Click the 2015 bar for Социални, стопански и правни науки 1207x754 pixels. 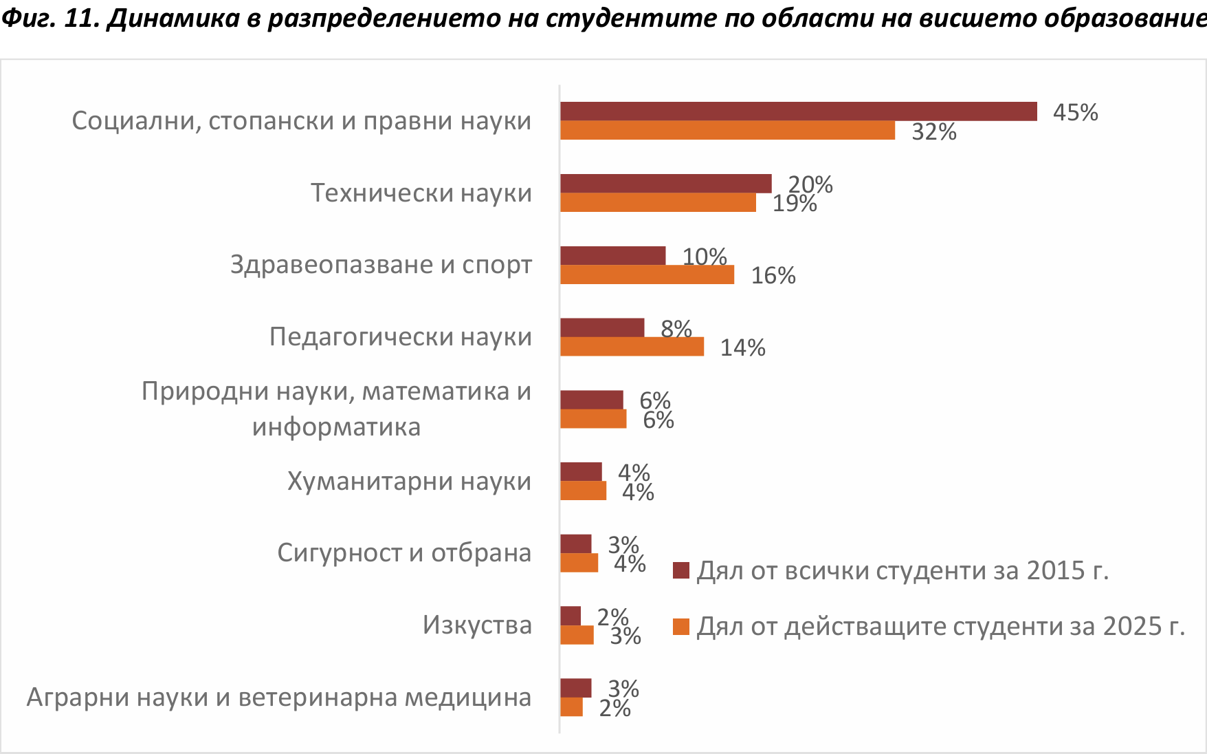click(x=798, y=111)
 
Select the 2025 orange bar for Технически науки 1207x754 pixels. click(x=658, y=202)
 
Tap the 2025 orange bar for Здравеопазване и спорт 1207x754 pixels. click(x=647, y=274)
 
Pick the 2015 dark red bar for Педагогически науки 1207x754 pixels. click(x=602, y=327)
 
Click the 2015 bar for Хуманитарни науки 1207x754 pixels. click(x=581, y=472)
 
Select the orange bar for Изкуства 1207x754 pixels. click(x=577, y=635)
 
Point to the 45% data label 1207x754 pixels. click(x=1075, y=112)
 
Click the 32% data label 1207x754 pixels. click(x=933, y=131)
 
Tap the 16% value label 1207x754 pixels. click(x=773, y=275)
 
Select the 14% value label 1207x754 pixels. click(x=742, y=347)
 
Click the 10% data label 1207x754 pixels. click(x=704, y=257)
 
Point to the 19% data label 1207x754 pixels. click(x=794, y=204)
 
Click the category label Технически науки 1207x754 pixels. click(x=421, y=193)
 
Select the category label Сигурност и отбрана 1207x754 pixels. click(x=404, y=552)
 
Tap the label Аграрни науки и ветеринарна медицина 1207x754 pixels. click(x=279, y=697)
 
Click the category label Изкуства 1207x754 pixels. click(x=477, y=625)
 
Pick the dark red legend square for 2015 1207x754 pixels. click(x=681, y=570)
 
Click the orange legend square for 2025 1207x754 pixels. click(x=681, y=627)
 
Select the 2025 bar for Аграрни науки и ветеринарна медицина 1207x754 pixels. click(x=571, y=707)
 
